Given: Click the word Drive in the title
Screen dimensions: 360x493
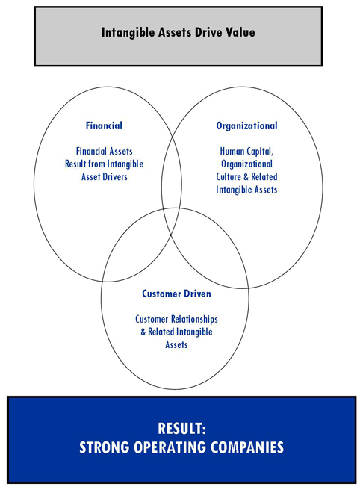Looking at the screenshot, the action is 207,32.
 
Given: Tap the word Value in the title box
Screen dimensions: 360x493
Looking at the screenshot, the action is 238,32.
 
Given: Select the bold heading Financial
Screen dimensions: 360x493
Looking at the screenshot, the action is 104,125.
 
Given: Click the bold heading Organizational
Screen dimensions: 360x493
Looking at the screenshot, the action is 246,126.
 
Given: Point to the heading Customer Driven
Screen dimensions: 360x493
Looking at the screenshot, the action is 176,294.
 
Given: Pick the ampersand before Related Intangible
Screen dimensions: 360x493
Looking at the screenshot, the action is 143,332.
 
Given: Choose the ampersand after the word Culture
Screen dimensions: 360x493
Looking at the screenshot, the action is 246,177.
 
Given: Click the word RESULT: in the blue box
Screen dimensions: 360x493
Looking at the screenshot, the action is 181,428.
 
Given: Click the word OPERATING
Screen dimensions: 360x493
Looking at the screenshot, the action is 170,447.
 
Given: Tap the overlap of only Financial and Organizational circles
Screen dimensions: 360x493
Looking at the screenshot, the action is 172,173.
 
